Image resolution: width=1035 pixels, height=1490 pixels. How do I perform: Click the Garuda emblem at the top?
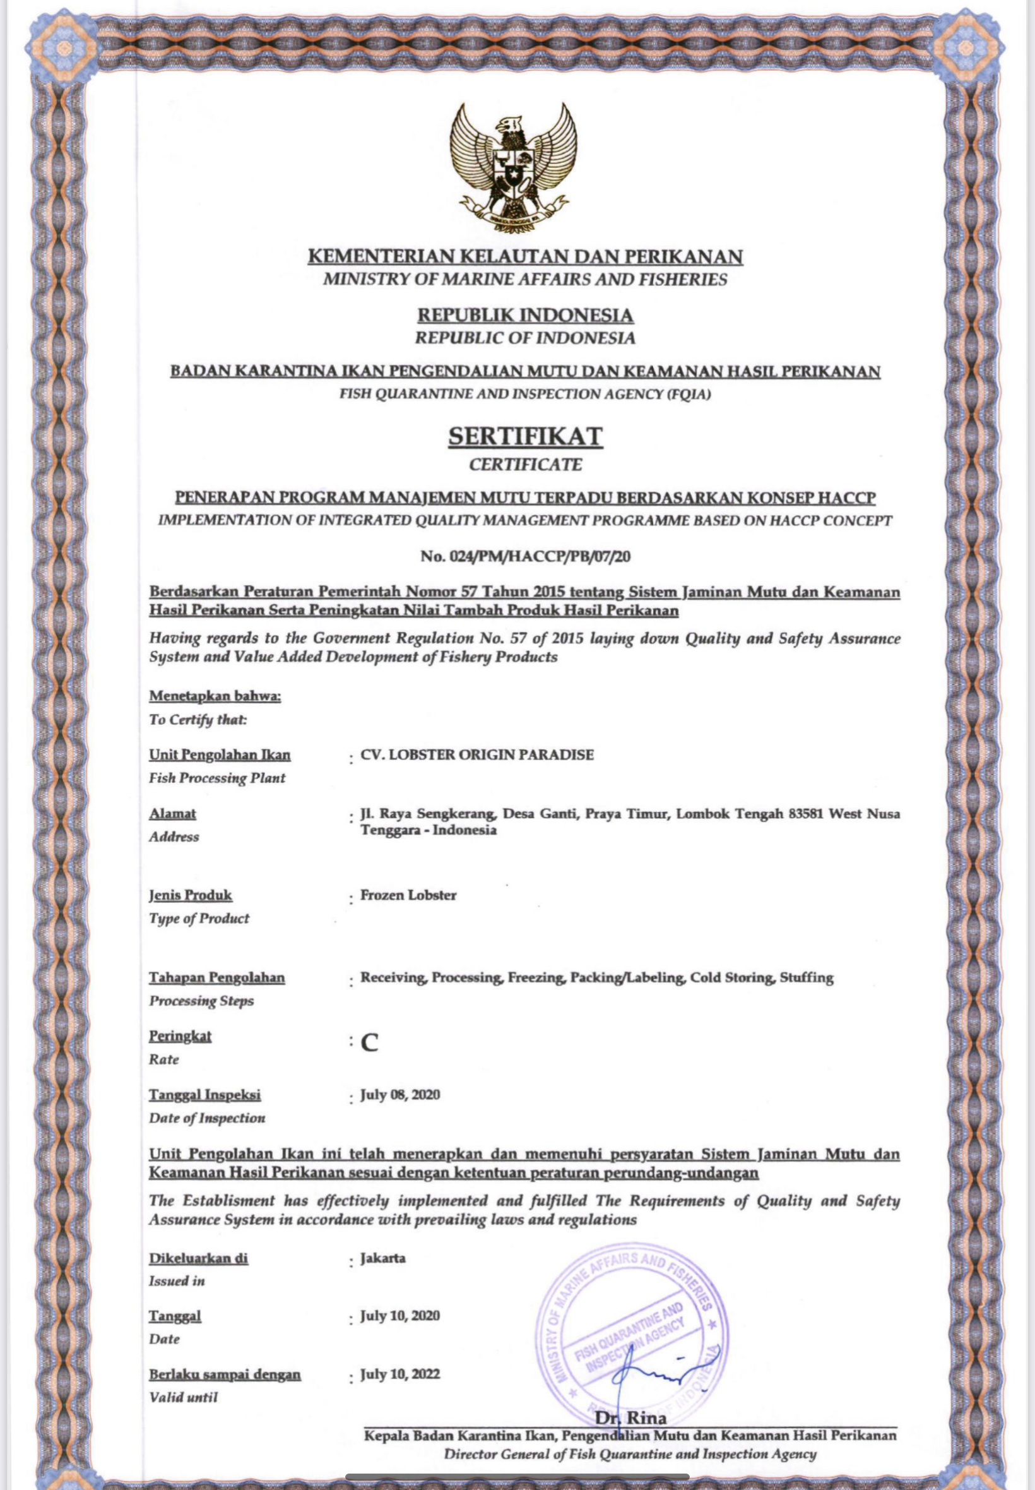click(514, 167)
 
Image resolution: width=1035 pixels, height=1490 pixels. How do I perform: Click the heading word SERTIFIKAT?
click(525, 436)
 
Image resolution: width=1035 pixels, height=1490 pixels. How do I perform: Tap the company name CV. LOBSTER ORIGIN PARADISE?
click(476, 754)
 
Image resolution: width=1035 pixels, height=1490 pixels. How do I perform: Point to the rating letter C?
click(370, 1042)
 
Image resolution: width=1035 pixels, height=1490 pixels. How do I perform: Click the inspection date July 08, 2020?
click(400, 1095)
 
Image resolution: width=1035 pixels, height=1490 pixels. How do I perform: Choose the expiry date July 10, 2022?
click(400, 1374)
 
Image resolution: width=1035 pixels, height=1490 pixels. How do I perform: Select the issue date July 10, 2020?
click(400, 1316)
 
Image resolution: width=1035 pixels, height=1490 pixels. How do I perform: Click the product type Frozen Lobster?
click(408, 895)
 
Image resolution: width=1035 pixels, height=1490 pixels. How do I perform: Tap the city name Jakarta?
click(383, 1258)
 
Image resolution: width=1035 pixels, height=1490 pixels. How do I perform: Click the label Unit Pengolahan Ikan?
click(220, 755)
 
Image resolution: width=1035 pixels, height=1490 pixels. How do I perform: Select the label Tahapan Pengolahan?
click(216, 977)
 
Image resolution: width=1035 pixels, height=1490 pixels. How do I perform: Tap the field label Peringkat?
click(180, 1036)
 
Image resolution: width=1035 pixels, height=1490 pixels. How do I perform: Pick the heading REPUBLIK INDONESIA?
click(525, 315)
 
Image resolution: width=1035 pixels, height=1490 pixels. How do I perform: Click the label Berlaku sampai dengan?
click(225, 1374)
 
